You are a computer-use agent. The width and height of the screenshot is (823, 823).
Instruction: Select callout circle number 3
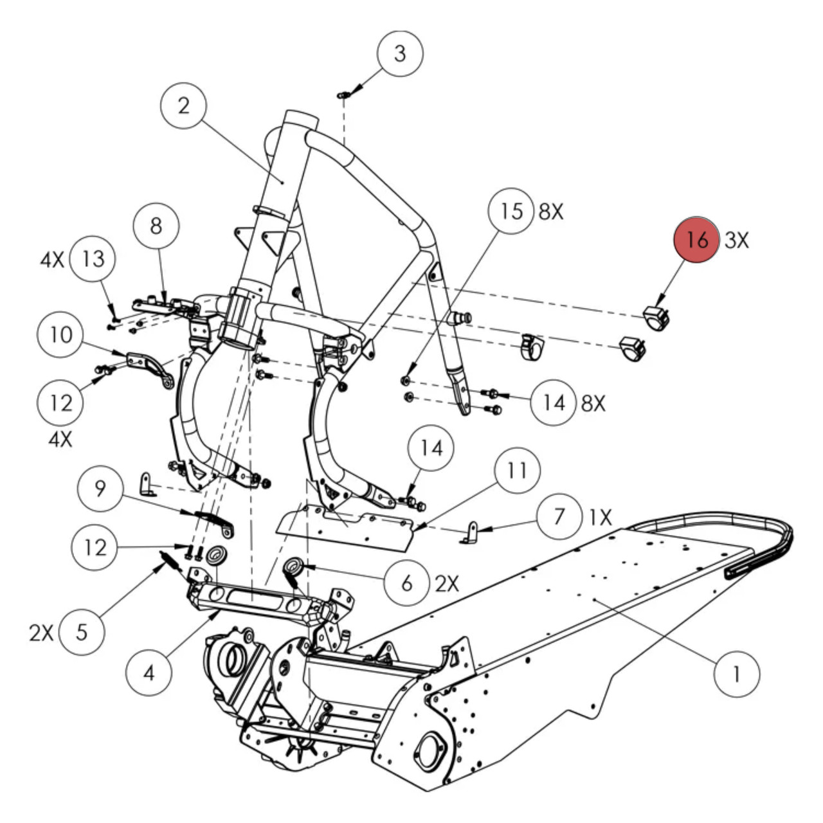pos(400,53)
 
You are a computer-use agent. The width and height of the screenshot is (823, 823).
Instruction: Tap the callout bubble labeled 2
pos(184,105)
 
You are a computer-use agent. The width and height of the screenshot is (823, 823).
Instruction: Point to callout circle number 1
pos(737,674)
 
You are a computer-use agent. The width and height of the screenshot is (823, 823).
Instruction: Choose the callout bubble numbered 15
pos(511,211)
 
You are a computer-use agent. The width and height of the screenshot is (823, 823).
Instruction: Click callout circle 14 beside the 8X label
pos(554,403)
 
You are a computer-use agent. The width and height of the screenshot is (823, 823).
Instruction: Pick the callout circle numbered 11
pos(518,471)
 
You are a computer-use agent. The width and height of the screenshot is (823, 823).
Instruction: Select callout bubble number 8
pos(156,226)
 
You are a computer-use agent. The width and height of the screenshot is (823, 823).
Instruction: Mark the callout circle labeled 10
pos(60,334)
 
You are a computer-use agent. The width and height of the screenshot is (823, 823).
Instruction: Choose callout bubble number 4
pos(149,673)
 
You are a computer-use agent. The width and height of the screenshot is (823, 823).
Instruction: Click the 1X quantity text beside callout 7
pos(600,516)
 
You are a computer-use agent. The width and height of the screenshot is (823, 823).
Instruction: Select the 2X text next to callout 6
pos(448,583)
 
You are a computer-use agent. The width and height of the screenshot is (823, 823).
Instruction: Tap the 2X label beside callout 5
pos(41,633)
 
